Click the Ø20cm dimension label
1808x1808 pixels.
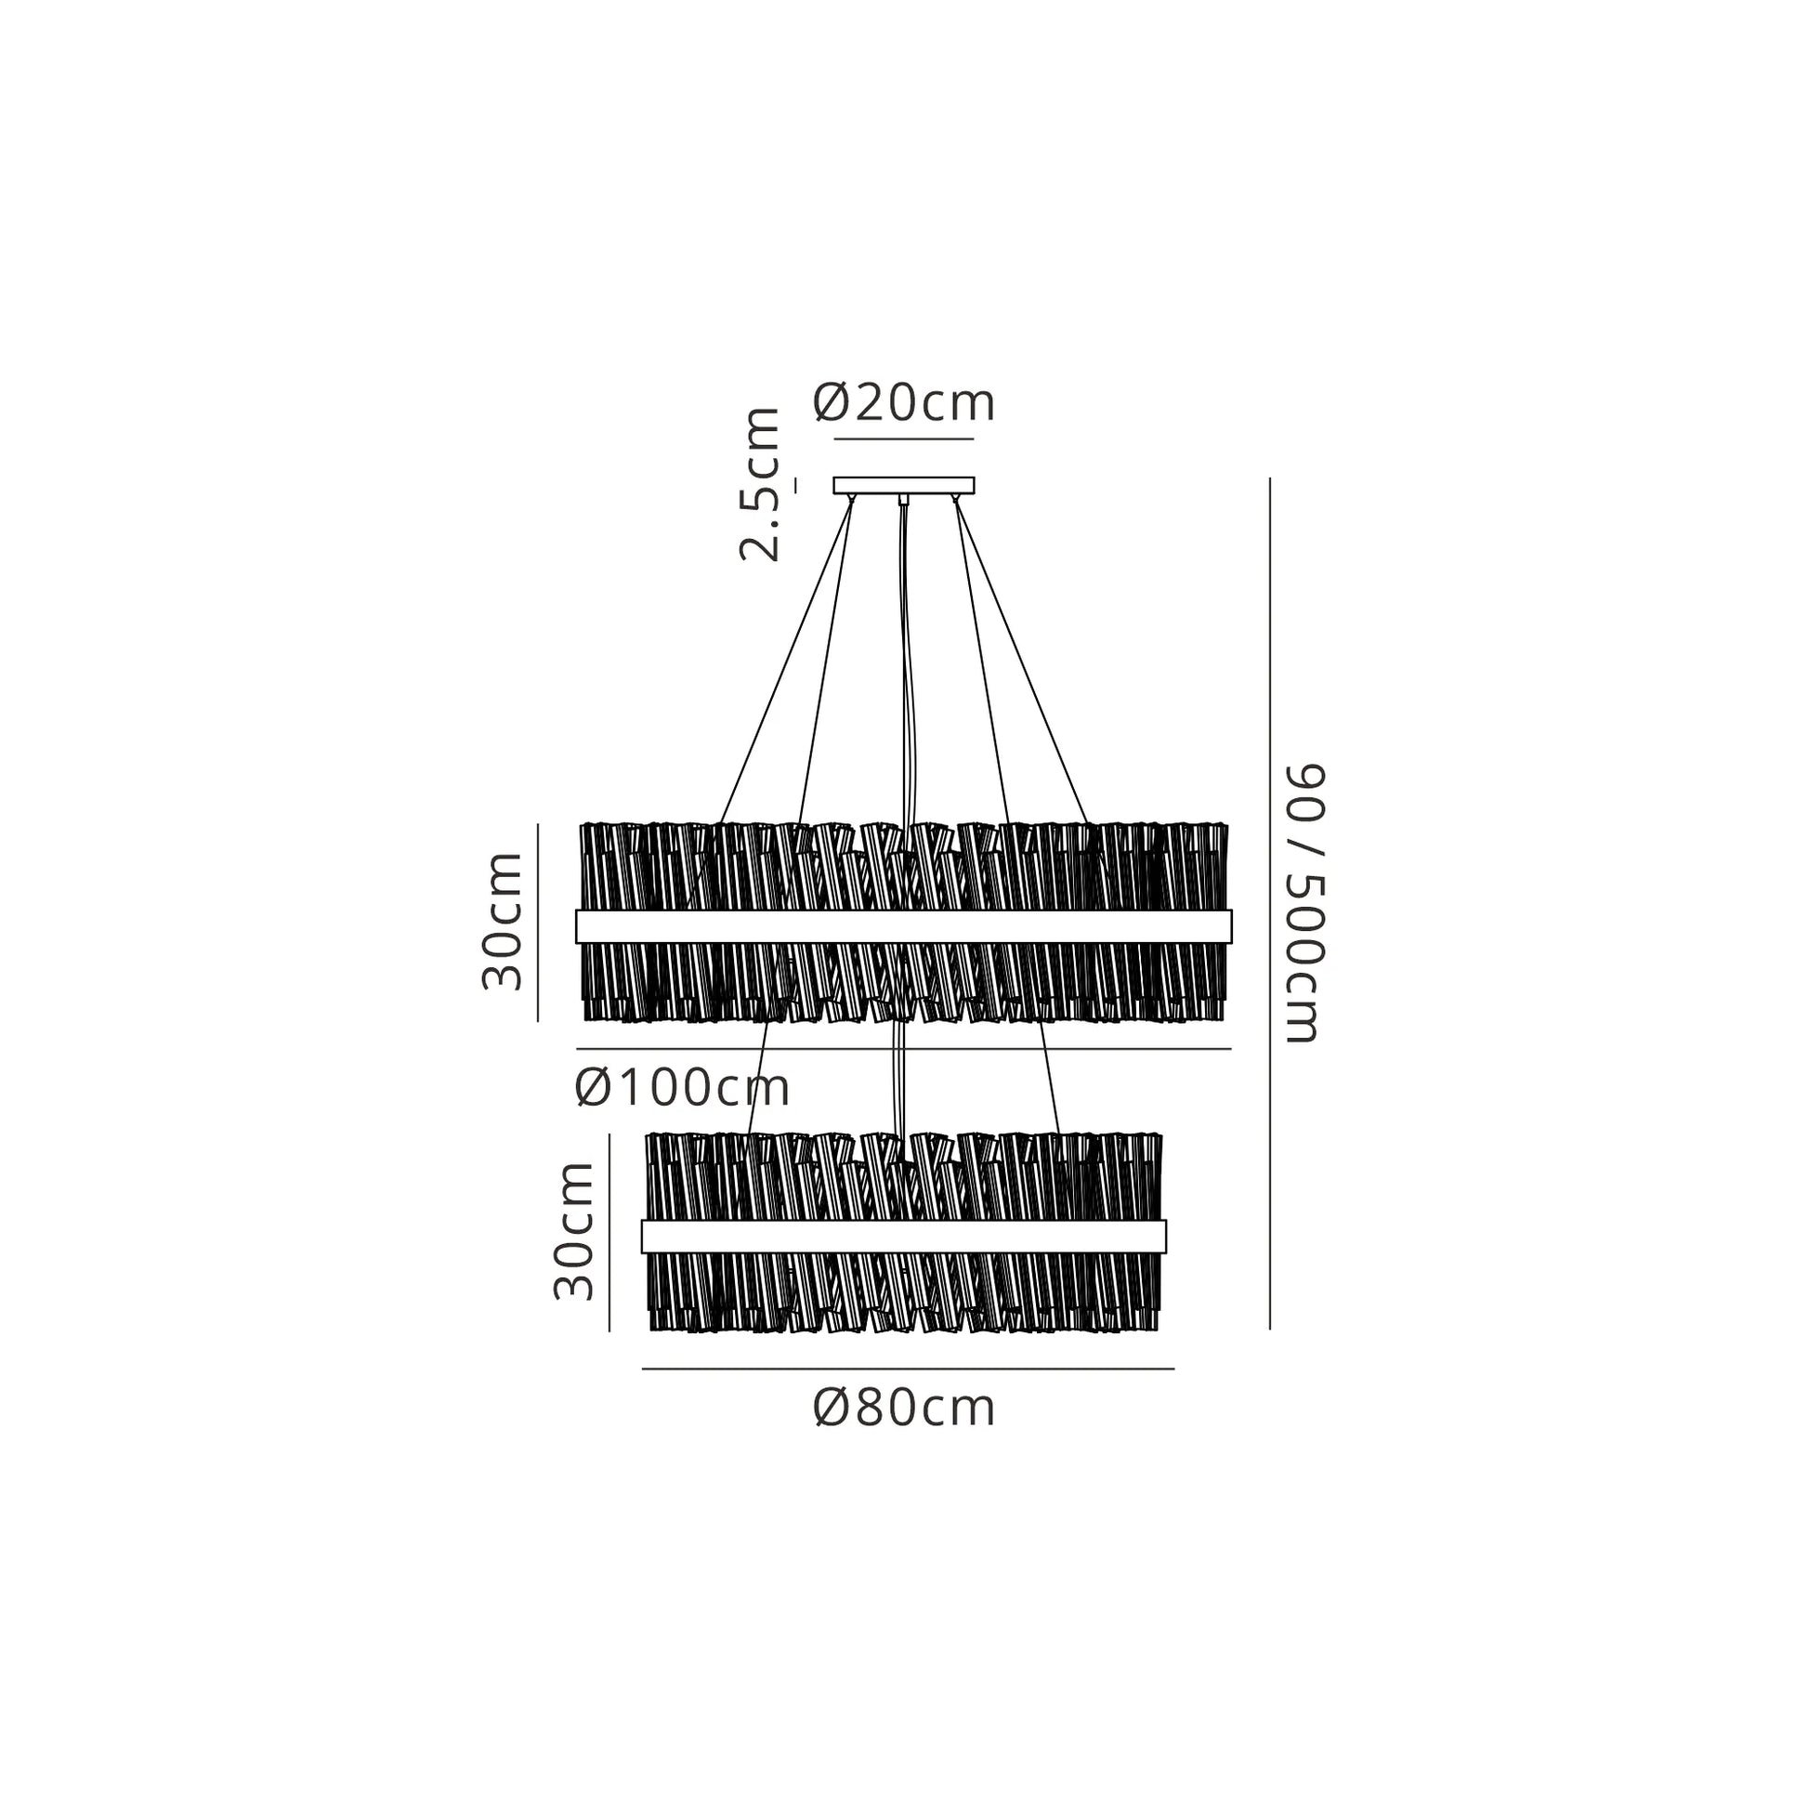904,403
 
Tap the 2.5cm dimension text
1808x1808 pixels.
759,484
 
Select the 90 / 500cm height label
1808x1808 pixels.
1304,903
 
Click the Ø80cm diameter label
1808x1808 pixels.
904,1408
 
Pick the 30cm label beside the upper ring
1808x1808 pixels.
502,921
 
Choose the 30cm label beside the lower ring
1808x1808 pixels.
573,1231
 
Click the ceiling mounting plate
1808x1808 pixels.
904,485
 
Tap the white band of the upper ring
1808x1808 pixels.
904,926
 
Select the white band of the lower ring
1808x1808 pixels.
904,1237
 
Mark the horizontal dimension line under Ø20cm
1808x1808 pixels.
904,439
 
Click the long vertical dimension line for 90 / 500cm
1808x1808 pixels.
1270,903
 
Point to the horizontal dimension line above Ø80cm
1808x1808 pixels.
908,1369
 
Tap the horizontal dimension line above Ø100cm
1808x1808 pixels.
904,1049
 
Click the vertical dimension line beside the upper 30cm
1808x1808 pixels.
538,923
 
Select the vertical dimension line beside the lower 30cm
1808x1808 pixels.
609,1233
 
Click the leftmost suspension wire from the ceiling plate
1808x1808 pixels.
786,661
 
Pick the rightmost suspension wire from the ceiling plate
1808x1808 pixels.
1021,661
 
